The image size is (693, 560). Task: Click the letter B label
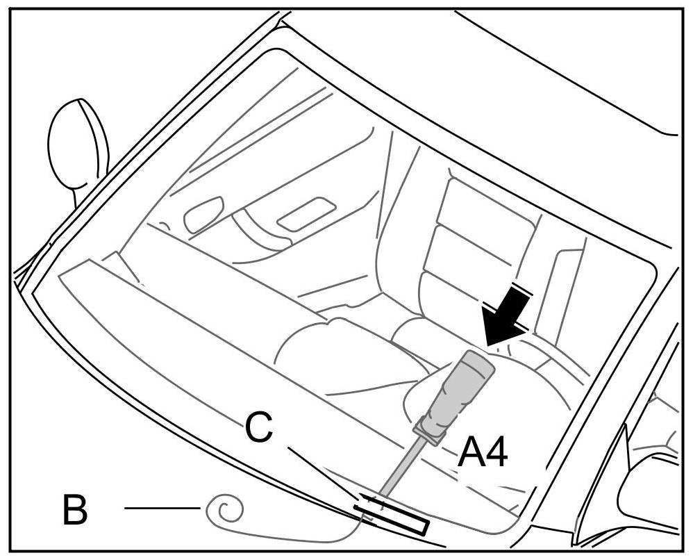click(x=75, y=510)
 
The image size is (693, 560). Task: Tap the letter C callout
click(x=259, y=429)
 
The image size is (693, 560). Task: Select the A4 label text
click(x=483, y=454)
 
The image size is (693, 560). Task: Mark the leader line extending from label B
click(x=162, y=509)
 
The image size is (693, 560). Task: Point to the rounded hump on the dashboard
click(x=326, y=347)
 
